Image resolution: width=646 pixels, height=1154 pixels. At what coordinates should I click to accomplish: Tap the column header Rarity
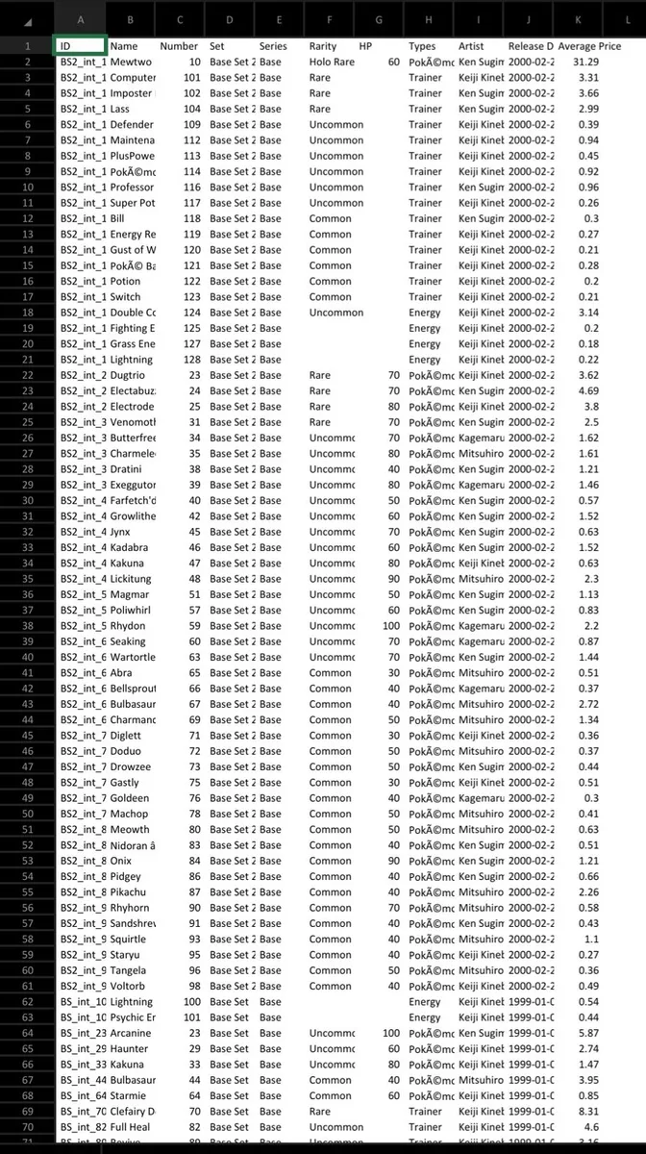[x=323, y=46]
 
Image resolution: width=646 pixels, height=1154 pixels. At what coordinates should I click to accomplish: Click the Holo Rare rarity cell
[x=330, y=62]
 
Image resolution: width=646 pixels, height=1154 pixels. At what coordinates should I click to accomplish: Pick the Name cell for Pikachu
[x=129, y=892]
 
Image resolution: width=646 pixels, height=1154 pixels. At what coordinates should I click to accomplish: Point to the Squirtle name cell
[x=129, y=940]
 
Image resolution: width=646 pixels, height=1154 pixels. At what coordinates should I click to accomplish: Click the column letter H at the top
[x=428, y=18]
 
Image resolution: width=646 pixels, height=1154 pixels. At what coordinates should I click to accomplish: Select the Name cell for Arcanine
[x=131, y=1034]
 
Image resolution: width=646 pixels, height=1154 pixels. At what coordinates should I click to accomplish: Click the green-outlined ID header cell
[x=80, y=46]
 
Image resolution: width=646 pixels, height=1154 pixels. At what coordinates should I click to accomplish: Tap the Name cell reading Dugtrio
[x=129, y=375]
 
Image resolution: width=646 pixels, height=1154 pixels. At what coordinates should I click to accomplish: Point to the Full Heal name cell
[x=131, y=1127]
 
